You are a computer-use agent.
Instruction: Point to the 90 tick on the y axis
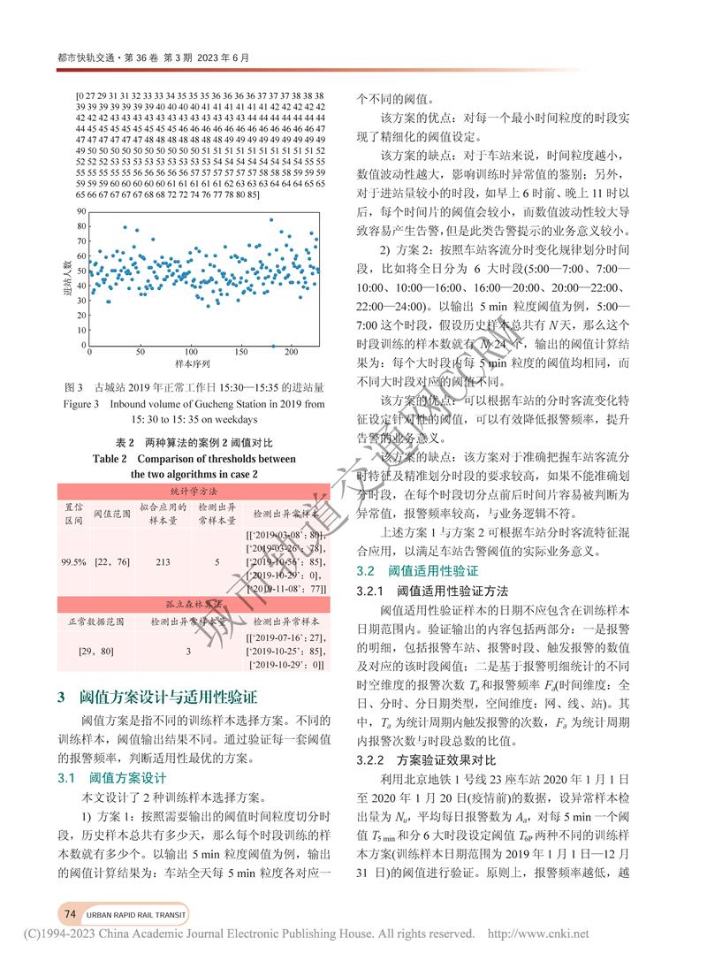click(x=80, y=212)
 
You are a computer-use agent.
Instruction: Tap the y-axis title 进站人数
click(x=67, y=278)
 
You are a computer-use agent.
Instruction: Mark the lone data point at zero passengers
click(x=273, y=345)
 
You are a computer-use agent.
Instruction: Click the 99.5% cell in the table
click(x=74, y=561)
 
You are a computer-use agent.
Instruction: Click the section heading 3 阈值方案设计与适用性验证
click(x=157, y=697)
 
